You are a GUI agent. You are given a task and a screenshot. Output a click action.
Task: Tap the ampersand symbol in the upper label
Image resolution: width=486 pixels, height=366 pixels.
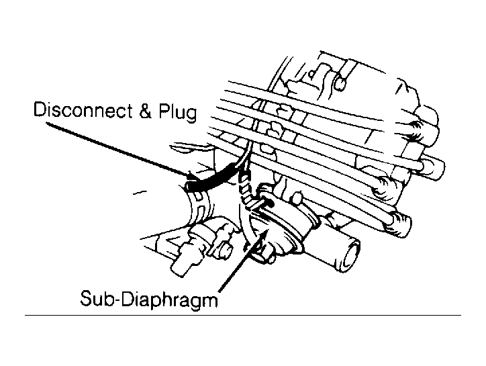pos(146,110)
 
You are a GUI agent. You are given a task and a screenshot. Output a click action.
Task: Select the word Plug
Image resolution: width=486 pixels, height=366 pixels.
pos(178,111)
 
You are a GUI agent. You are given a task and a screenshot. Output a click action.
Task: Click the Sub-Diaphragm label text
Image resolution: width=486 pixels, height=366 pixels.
pos(149,298)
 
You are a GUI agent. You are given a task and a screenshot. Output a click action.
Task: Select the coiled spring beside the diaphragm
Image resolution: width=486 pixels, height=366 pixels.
pos(246,189)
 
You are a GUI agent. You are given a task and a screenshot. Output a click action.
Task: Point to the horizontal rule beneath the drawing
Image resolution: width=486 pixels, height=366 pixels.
pos(243,315)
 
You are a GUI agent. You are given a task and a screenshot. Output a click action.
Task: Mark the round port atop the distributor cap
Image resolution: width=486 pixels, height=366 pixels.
pos(340,83)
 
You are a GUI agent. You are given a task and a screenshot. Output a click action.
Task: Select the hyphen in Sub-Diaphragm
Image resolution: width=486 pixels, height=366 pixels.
pos(115,299)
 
